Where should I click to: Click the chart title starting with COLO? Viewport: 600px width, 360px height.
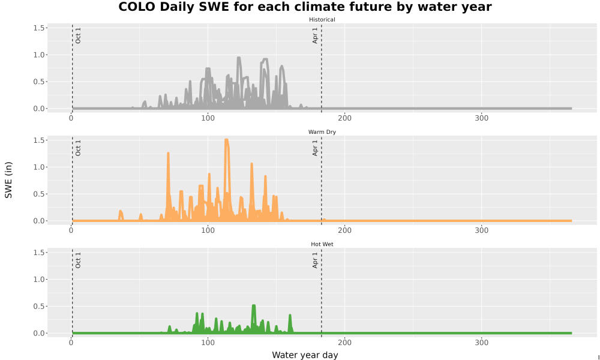pos(305,7)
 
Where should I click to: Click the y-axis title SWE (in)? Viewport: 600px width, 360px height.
pos(8,180)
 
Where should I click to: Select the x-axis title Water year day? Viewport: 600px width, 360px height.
pos(305,355)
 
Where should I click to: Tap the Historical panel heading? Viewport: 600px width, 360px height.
pos(322,20)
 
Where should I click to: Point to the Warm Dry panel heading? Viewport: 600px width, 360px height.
pos(322,132)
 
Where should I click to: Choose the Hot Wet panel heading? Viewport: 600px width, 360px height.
pos(322,244)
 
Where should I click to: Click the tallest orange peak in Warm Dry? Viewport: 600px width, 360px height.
pos(227,140)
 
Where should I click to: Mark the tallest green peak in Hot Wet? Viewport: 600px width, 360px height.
pos(254,306)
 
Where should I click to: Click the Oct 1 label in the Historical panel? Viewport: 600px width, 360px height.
pos(78,35)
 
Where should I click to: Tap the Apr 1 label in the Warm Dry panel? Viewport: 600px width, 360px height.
pos(315,148)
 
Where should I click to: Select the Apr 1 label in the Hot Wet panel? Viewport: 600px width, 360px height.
pos(315,260)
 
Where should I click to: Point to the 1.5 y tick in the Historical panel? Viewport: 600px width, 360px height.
pos(40,28)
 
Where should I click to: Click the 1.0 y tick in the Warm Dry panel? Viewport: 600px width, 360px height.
pos(40,167)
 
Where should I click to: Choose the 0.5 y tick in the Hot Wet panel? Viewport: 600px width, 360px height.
pos(40,306)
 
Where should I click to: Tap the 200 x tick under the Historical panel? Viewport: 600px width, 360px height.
pos(345,118)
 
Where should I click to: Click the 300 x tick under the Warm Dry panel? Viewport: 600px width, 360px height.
pos(481,230)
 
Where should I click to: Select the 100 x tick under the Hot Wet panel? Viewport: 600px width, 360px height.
pos(208,343)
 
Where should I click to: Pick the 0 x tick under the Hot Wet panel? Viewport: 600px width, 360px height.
pos(71,343)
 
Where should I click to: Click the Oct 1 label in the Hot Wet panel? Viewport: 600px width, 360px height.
pos(78,260)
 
